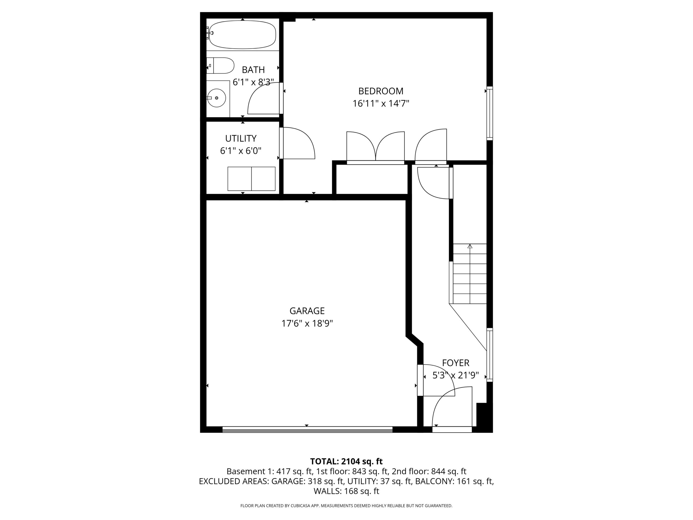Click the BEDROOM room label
coord(381,91)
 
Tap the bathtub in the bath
coord(243,34)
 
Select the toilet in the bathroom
coord(220,66)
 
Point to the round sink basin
coord(217,98)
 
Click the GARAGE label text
coord(307,311)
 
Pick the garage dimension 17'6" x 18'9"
coord(307,323)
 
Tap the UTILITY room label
coord(241,138)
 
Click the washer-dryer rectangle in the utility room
coord(251,179)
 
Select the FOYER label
coord(456,363)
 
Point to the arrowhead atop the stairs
coord(470,246)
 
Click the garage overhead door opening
coord(307,430)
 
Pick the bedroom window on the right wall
coord(490,113)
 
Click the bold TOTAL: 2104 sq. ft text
coord(346,461)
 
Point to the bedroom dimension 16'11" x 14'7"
coord(381,103)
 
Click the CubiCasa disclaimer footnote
coord(346,506)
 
